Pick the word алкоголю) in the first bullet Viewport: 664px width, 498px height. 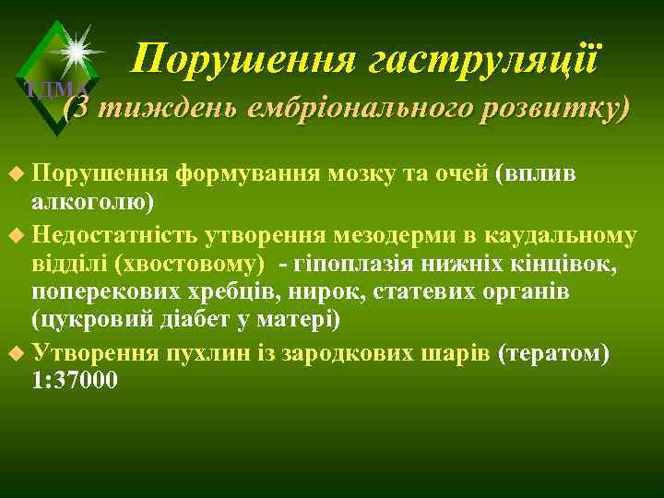[x=92, y=203]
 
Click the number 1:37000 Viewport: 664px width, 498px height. [x=75, y=381]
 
